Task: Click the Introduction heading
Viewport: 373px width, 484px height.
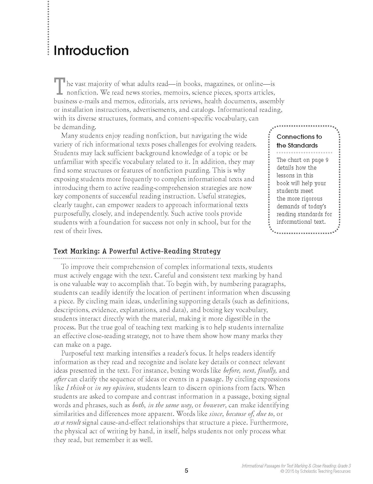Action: pyautogui.click(x=91, y=51)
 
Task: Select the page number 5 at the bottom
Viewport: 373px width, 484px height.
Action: pyautogui.click(x=186, y=471)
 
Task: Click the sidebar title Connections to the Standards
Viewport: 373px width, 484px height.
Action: pyautogui.click(x=299, y=141)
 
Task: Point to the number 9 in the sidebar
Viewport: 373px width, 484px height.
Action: pyautogui.click(x=327, y=160)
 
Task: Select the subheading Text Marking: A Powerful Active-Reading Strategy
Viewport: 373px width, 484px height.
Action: pyautogui.click(x=137, y=251)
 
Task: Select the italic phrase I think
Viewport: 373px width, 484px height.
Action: pyautogui.click(x=75, y=388)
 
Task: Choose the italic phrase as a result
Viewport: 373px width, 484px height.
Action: pyautogui.click(x=67, y=423)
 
